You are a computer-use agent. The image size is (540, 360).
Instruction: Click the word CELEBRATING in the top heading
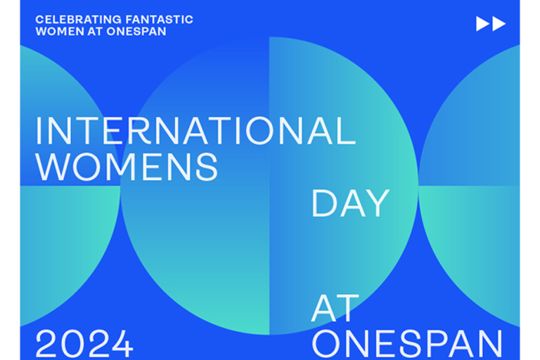78,20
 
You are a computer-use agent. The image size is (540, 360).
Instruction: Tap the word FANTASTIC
160,20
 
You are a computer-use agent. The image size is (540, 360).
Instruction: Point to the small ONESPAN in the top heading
136,32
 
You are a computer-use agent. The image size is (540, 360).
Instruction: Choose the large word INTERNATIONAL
195,131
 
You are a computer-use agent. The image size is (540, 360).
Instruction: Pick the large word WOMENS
127,167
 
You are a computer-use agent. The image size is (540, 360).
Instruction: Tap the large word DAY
351,204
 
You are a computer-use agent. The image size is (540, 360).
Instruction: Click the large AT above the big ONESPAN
335,309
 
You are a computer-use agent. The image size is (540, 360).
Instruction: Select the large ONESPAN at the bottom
407,344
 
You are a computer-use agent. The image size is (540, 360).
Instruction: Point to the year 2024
84,344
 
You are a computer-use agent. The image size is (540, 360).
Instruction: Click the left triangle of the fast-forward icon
483,24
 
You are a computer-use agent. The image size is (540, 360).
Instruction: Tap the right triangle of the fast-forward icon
499,24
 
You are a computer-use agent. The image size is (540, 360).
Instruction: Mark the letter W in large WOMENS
53,167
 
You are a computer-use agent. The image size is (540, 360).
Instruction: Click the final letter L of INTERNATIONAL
346,131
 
